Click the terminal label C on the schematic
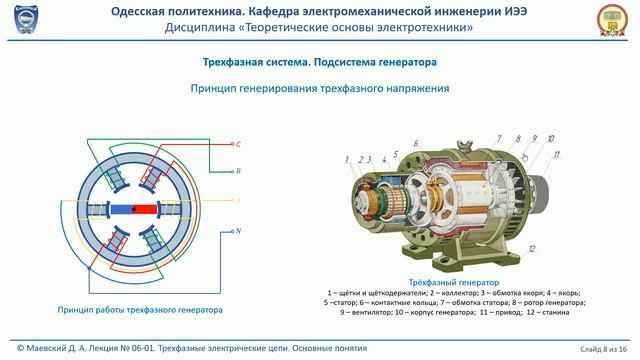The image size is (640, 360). tap(238, 144)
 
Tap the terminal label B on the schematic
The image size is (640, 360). tap(238, 171)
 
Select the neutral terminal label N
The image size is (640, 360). tap(238, 231)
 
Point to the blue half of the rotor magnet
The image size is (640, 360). tap(122, 209)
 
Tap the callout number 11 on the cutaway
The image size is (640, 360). tap(557, 155)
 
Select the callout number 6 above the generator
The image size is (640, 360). tap(415, 143)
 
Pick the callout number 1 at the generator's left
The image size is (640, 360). tap(347, 159)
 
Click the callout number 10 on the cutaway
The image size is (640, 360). tap(551, 139)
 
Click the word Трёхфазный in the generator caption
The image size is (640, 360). tap(433, 281)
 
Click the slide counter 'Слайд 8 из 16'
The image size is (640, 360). tap(602, 348)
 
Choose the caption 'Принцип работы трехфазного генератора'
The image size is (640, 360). tap(140, 309)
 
